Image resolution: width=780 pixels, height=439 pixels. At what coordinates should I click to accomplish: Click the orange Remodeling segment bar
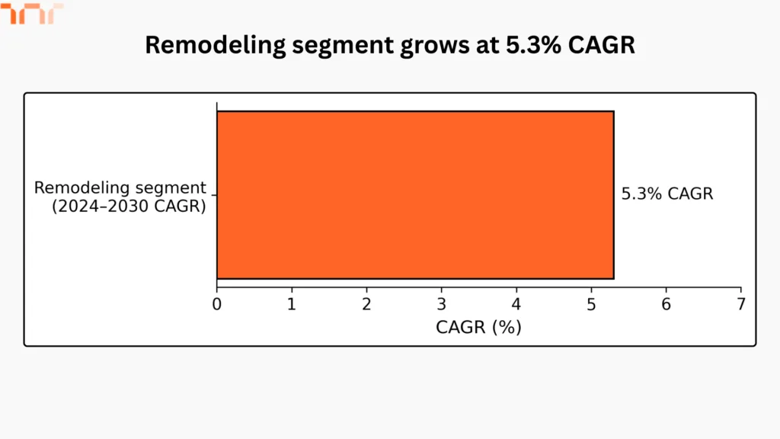415,195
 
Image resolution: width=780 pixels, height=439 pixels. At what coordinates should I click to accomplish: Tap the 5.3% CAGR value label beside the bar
667,194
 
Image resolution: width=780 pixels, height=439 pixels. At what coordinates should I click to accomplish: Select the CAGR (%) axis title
478,328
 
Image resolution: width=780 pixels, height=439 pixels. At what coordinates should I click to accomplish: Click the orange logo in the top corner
32,13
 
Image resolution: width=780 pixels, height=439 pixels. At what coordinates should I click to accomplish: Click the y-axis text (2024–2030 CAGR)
129,205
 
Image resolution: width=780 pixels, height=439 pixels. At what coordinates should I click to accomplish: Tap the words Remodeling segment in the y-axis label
120,187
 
